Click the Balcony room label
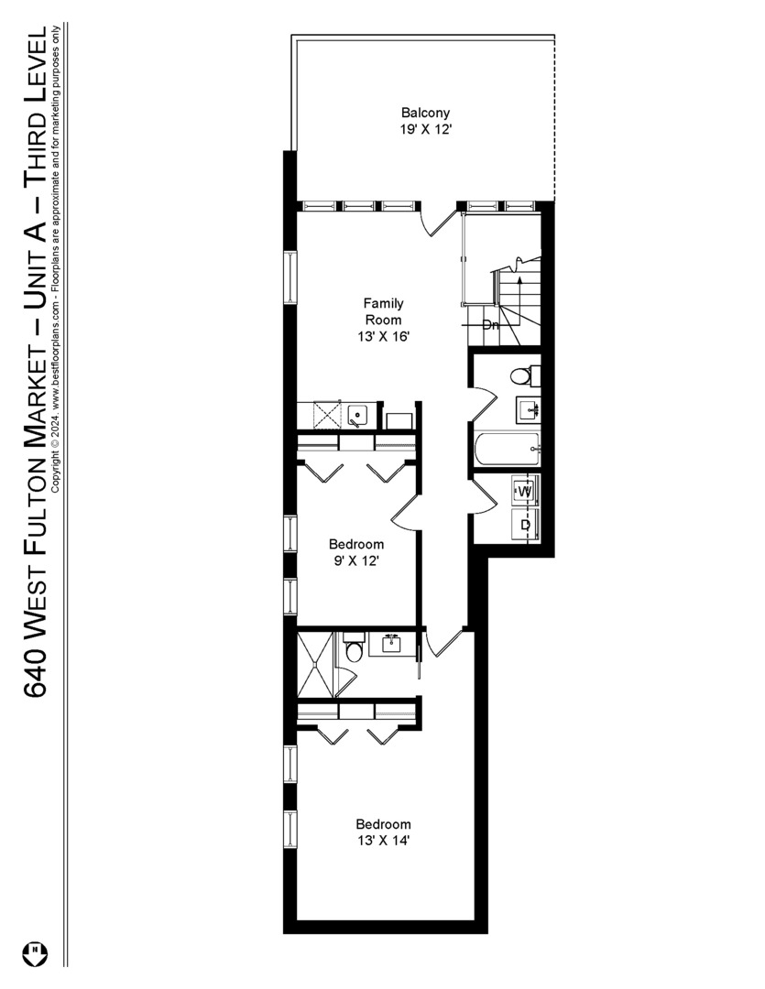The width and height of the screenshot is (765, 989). point(425,114)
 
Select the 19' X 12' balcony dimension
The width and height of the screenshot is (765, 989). point(425,130)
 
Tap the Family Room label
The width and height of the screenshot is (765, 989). point(383,311)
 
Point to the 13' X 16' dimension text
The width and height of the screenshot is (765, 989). point(383,336)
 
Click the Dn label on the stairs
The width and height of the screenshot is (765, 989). point(491,324)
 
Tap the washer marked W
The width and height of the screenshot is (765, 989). point(525,492)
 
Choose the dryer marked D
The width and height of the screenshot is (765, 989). point(525,525)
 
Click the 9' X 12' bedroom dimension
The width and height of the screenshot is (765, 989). point(356,560)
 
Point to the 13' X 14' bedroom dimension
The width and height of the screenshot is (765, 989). point(383,840)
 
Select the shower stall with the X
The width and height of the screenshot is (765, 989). point(315,664)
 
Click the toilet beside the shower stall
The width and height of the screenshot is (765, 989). point(355,651)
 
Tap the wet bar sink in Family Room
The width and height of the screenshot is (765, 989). point(357,415)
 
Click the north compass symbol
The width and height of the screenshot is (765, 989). point(38,951)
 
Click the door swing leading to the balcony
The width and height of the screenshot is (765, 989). point(438,223)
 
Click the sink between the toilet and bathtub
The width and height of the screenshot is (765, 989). point(528,408)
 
